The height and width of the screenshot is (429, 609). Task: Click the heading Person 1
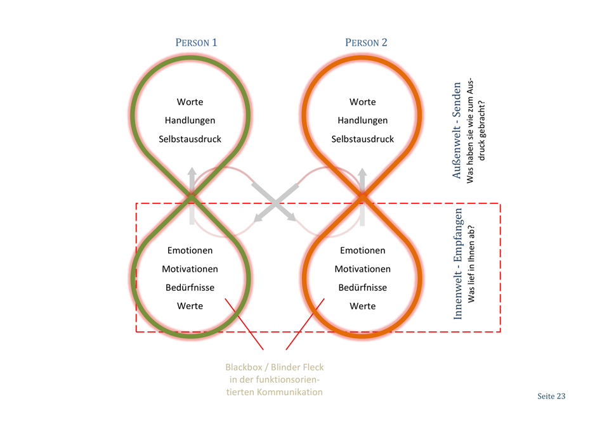point(196,43)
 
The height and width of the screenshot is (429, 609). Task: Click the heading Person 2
point(366,43)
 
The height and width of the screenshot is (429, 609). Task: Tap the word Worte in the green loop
point(190,102)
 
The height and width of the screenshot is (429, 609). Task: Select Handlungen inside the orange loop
point(363,120)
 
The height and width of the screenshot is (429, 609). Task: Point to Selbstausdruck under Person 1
point(190,139)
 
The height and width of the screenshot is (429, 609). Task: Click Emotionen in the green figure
point(190,250)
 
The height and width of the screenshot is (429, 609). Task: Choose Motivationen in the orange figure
point(363,269)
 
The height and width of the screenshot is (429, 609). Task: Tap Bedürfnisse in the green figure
point(190,288)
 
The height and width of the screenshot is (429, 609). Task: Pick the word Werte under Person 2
point(363,306)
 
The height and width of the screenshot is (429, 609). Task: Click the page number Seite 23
point(551,397)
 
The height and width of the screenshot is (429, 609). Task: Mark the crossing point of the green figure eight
point(191,200)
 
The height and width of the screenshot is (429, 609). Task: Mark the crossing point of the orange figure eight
point(362,200)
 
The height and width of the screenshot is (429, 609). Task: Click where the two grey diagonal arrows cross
point(275,202)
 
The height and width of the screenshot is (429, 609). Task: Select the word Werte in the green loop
point(190,306)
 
